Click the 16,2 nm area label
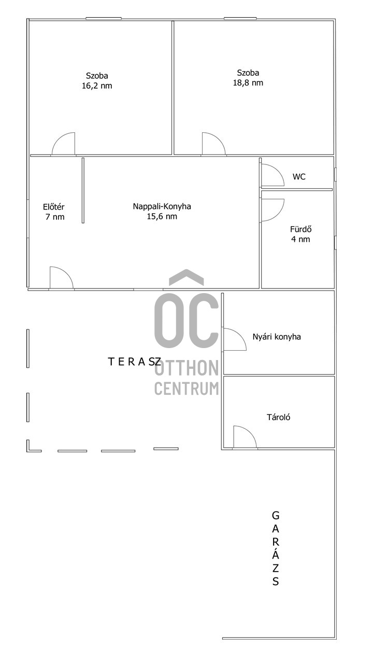[97, 86]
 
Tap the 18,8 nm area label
[248, 82]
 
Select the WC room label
[299, 177]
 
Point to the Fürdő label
[301, 229]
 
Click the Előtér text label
[53, 206]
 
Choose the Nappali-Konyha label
[162, 206]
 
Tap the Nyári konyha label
[277, 337]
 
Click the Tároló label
[279, 418]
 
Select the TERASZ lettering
[135, 362]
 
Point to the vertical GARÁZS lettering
[276, 548]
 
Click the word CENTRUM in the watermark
[187, 389]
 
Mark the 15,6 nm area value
[162, 216]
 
